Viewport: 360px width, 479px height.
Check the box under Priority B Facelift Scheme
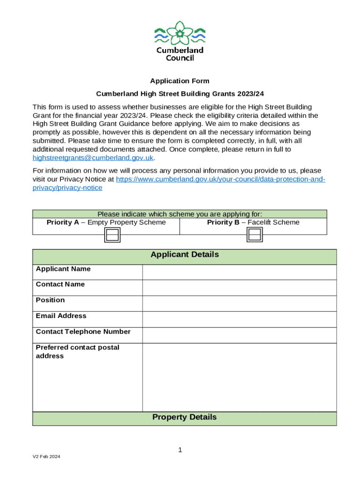pyautogui.click(x=254, y=235)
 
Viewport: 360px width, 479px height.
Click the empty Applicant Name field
pyautogui.click(x=239, y=272)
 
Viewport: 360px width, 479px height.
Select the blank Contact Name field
pyautogui.click(x=239, y=288)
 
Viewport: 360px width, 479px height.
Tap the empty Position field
pyautogui.click(x=239, y=304)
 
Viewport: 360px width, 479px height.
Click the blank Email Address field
pyautogui.click(x=239, y=319)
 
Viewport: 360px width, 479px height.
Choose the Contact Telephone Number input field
pyautogui.click(x=239, y=335)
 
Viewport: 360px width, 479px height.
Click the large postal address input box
pyautogui.click(x=239, y=377)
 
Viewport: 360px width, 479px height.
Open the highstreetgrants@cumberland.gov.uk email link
pyautogui.click(x=93, y=158)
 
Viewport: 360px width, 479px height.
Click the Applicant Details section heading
pyautogui.click(x=184, y=255)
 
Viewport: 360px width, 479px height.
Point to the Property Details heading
pyautogui.click(x=184, y=417)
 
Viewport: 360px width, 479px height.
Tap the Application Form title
pyautogui.click(x=180, y=81)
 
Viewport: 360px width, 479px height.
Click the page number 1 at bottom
pyautogui.click(x=180, y=450)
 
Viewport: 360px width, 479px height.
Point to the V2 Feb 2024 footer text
pyautogui.click(x=46, y=457)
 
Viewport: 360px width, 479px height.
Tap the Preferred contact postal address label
pyautogui.click(x=77, y=352)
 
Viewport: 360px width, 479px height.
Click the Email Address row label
pyautogui.click(x=61, y=316)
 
